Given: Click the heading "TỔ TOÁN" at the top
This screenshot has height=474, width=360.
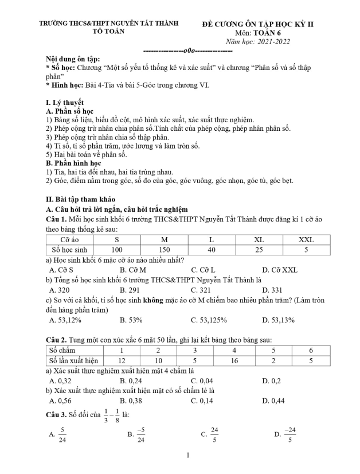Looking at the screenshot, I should point(109,32).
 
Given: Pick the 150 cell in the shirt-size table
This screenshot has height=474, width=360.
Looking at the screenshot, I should point(165,250).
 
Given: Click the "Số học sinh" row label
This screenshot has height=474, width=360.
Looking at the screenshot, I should point(70,250).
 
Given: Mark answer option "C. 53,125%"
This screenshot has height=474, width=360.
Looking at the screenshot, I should point(209,320).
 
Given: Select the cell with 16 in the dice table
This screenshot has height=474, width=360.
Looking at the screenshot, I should point(234,360).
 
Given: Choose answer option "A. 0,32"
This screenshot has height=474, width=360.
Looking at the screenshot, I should point(60,380).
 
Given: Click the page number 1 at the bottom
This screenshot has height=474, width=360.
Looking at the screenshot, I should point(187,456).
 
